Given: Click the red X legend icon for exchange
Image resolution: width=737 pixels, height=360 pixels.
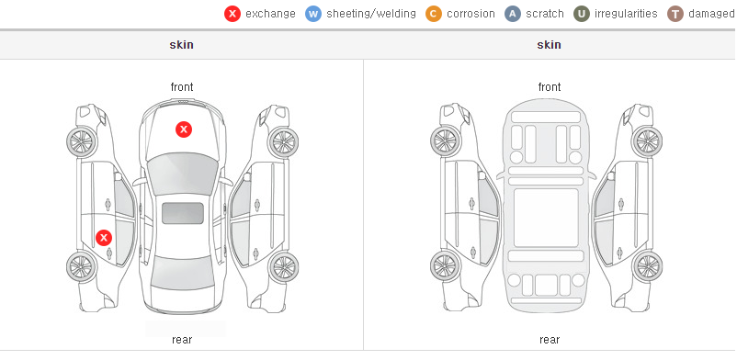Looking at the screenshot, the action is point(232,14).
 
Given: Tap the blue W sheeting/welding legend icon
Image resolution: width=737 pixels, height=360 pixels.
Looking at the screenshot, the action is point(313,14).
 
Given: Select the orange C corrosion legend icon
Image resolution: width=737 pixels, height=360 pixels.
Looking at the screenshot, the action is point(434,14).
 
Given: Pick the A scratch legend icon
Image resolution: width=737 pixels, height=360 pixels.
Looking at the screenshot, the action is point(513,14).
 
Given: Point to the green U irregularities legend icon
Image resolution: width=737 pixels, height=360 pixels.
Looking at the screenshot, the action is point(582,14).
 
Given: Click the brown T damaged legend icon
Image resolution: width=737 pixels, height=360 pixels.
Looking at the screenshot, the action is point(675,14).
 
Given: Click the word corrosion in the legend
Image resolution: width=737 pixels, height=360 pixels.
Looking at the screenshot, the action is point(471,14).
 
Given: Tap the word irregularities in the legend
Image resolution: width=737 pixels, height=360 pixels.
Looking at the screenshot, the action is point(626,14).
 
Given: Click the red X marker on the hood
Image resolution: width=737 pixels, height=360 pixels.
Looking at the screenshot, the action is point(184,129).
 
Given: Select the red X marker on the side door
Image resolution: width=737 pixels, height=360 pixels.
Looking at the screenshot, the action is point(104,238).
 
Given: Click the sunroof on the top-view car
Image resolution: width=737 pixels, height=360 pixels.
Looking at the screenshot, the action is point(183,213).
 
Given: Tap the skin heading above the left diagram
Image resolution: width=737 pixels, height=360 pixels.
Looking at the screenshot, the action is point(181,45).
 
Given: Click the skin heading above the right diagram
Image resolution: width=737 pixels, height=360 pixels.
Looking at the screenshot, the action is point(549,45).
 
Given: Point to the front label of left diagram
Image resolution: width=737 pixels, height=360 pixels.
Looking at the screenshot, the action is point(182,87).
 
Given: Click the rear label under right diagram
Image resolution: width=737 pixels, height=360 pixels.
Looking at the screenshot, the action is point(550,340).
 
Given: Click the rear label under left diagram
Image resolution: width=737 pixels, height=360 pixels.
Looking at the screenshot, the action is point(182,340).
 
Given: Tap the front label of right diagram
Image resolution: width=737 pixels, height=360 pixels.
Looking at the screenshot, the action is point(550,87).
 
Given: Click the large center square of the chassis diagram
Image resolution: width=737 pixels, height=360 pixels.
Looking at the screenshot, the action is point(546,218).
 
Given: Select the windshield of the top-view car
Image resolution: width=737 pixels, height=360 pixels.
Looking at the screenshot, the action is point(182,175).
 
